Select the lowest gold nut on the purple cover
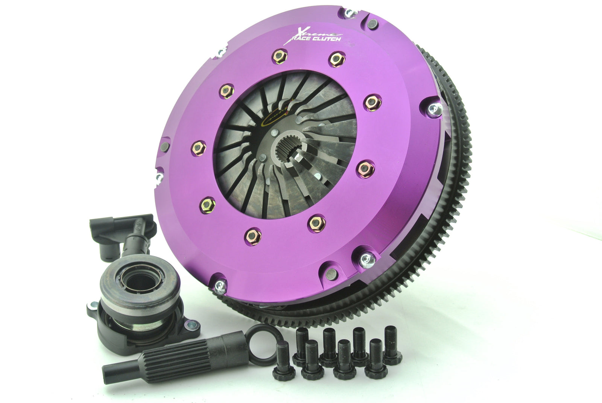click(253, 236)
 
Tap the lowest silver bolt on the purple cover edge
click(220, 287)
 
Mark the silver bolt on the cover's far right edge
click(435, 109)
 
